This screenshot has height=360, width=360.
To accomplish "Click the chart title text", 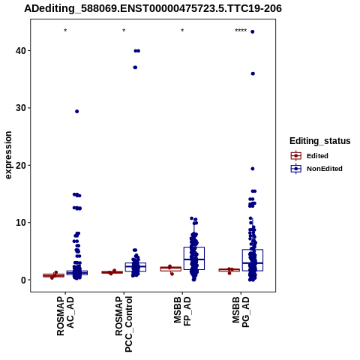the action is [x=153, y=9].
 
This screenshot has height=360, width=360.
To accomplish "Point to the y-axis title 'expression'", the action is [x=8, y=155].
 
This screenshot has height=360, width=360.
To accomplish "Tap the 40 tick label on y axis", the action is [x=21, y=51].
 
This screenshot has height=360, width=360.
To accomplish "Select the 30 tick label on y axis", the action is [x=21, y=108].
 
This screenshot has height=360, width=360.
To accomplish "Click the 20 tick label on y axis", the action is [x=21, y=165].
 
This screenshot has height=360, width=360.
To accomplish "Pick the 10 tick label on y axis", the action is [x=21, y=223].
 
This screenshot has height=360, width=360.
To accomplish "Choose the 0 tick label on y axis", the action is [x=23, y=280].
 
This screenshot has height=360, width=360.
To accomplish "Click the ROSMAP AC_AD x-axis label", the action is [x=65, y=316].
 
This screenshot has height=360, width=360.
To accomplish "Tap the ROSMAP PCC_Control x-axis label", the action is [x=124, y=324].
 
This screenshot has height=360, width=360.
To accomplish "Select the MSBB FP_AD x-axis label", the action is [x=182, y=311].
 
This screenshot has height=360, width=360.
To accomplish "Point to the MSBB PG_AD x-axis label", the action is [x=241, y=312].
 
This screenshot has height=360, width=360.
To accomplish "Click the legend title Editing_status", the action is [x=320, y=141].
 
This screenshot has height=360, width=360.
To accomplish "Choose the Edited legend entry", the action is [x=310, y=156].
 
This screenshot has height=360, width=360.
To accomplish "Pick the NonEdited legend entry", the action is [x=316, y=169].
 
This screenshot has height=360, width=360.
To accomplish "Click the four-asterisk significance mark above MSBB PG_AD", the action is [x=241, y=31].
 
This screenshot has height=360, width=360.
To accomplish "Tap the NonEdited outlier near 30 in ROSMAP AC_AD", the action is [x=77, y=112].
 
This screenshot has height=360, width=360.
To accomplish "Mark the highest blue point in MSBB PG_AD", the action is [x=253, y=31].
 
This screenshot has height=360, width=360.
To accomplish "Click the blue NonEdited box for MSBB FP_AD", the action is [x=194, y=258].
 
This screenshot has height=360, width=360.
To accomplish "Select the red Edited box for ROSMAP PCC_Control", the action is [x=112, y=272].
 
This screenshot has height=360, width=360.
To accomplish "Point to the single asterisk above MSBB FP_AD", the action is [x=182, y=31].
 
